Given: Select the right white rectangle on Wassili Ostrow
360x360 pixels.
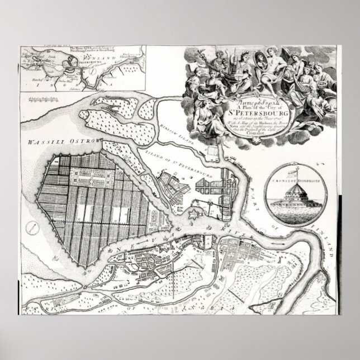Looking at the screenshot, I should point(118,215).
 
